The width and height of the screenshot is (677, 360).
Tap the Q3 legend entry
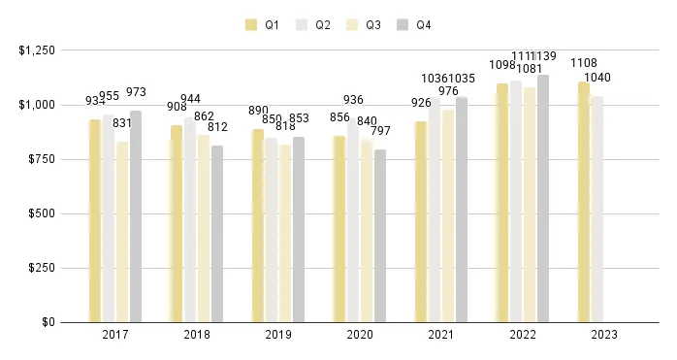click(367, 24)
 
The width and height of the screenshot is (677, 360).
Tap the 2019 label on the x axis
click(277, 335)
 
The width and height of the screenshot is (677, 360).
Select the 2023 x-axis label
click(603, 335)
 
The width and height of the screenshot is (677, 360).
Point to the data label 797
click(380, 131)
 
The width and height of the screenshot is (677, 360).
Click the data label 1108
click(584, 63)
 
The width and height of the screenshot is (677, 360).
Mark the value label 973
click(136, 92)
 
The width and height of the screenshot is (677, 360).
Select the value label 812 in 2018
click(217, 127)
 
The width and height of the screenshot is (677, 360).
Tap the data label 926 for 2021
click(421, 102)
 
